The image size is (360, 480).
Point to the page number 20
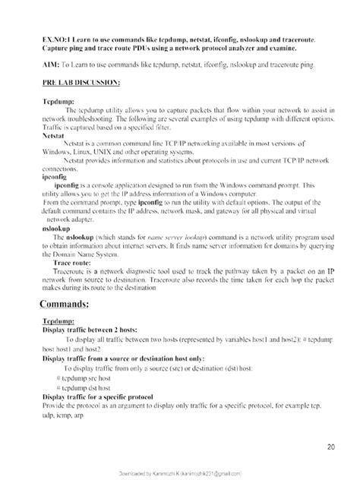[x=331, y=447]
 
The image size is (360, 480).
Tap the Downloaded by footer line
[x=180, y=472]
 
